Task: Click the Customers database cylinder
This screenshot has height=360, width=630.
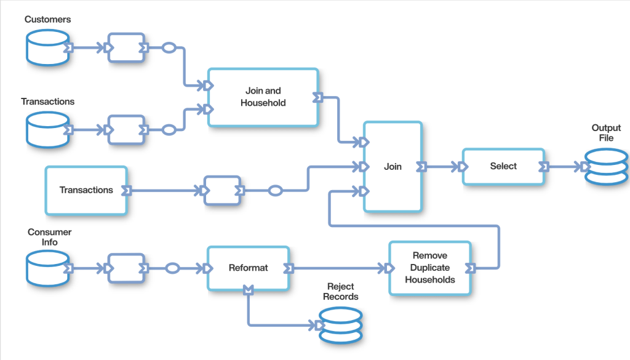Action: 47,48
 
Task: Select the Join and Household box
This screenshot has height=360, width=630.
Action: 263,97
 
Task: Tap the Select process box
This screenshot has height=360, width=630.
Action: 503,166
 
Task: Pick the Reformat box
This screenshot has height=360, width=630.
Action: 248,268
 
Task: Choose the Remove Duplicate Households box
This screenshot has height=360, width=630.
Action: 430,268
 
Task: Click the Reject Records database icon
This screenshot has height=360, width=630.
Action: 340,324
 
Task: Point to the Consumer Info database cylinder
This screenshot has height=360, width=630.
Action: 47,268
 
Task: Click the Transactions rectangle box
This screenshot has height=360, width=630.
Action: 86,190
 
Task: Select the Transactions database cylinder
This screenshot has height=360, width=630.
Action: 47,130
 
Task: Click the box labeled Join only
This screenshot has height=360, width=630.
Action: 393,167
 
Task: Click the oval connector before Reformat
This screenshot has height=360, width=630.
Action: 173,268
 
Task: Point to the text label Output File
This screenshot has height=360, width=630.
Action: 606,133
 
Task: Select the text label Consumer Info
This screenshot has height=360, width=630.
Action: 49,237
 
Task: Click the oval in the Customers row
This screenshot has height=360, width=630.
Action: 169,47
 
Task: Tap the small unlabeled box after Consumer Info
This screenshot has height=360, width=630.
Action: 126,268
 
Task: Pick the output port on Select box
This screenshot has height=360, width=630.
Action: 544,166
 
